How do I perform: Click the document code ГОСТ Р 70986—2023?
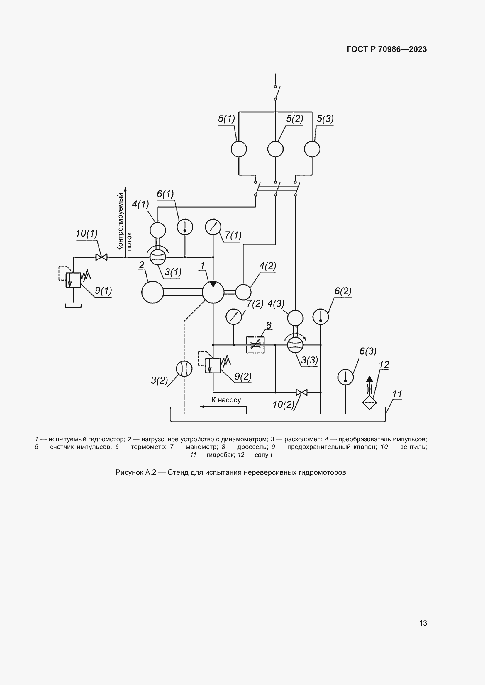pyautogui.click(x=387, y=49)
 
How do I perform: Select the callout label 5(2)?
pyautogui.click(x=294, y=119)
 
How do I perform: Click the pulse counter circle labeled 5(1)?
pyautogui.click(x=239, y=149)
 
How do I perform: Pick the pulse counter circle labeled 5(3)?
pyautogui.click(x=312, y=149)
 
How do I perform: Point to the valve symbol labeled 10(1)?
pyautogui.click(x=101, y=257)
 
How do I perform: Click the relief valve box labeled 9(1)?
pyautogui.click(x=73, y=280)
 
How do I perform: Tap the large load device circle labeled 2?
pyautogui.click(x=152, y=292)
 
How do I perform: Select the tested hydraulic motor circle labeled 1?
pyautogui.click(x=213, y=292)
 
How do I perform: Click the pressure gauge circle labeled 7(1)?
pyautogui.click(x=213, y=227)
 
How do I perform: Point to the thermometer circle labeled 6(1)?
pyautogui.click(x=185, y=227)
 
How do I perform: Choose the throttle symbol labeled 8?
pyautogui.click(x=255, y=345)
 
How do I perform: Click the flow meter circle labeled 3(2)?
pyautogui.click(x=184, y=369)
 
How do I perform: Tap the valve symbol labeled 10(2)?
pyautogui.click(x=302, y=392)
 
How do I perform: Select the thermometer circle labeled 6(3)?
pyautogui.click(x=345, y=377)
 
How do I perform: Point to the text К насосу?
pyautogui.click(x=226, y=400)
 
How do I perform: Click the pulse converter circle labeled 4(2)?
pyautogui.click(x=243, y=292)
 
